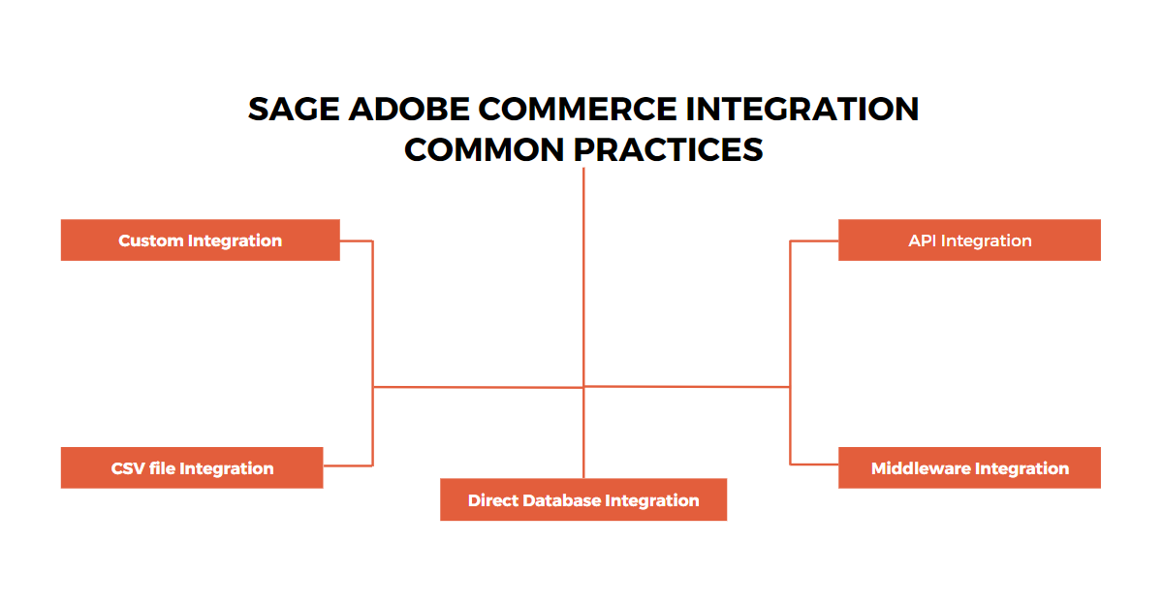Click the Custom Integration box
[x=200, y=240]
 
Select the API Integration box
[x=969, y=240]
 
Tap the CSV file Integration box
[x=192, y=468]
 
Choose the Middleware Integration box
[x=969, y=468]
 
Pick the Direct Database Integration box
[x=583, y=500]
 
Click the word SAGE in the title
[x=282, y=110]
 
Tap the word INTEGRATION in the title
[x=803, y=110]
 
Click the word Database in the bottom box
[x=562, y=500]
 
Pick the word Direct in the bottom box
[x=492, y=500]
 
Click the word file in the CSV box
[x=162, y=468]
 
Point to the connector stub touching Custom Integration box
[x=356, y=240]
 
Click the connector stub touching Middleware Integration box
[x=814, y=465]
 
